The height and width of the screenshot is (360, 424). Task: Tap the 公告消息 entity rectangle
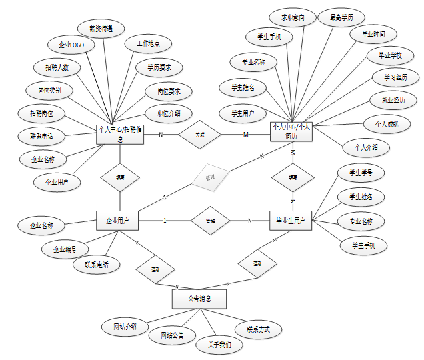[199, 299]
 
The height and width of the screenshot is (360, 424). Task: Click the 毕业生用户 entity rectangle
[291, 220]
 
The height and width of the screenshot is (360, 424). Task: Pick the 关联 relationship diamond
[200, 135]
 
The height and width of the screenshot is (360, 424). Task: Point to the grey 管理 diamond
[210, 177]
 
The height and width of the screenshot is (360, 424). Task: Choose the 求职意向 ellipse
[293, 17]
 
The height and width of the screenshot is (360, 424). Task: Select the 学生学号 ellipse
[361, 173]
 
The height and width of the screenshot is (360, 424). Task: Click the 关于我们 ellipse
[219, 345]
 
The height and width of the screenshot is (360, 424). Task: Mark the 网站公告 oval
[171, 335]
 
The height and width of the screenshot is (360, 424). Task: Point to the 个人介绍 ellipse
[366, 147]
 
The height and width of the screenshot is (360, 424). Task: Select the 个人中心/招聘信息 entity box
[120, 134]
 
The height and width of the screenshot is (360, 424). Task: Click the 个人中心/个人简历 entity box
[291, 131]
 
